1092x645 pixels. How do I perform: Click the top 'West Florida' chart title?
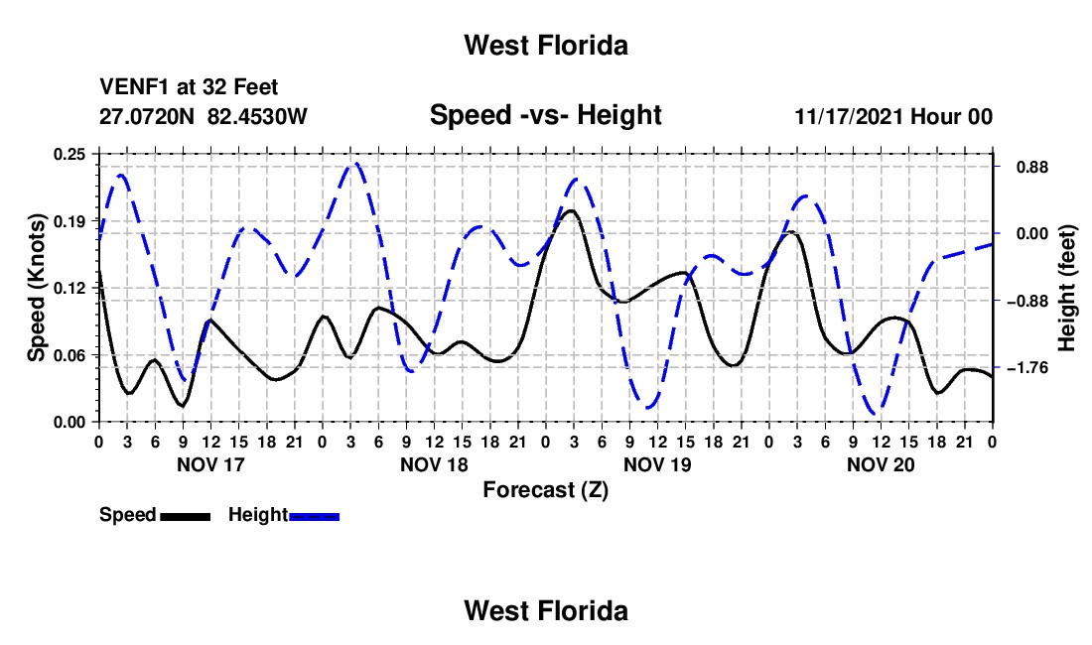546,46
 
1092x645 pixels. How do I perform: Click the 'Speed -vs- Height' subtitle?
545,115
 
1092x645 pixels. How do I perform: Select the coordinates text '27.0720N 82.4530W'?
204,116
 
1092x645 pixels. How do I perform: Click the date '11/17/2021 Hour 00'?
893,116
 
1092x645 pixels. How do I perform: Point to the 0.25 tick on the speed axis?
69,154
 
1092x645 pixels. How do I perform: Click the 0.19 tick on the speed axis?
69,221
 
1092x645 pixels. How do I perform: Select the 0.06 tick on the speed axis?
69,355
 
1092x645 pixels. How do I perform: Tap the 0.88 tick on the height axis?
1032,167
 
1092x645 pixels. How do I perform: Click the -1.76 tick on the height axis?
1027,367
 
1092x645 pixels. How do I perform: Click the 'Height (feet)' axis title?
1066,288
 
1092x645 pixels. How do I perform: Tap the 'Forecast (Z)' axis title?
545,490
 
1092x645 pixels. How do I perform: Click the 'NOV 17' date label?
211,464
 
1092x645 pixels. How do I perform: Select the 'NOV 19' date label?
657,464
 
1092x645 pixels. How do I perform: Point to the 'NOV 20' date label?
881,464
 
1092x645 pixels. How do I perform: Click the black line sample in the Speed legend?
186,516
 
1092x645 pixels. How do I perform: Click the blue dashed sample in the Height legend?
314,516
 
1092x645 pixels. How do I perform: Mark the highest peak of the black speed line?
572,210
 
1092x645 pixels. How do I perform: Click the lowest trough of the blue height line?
877,414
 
